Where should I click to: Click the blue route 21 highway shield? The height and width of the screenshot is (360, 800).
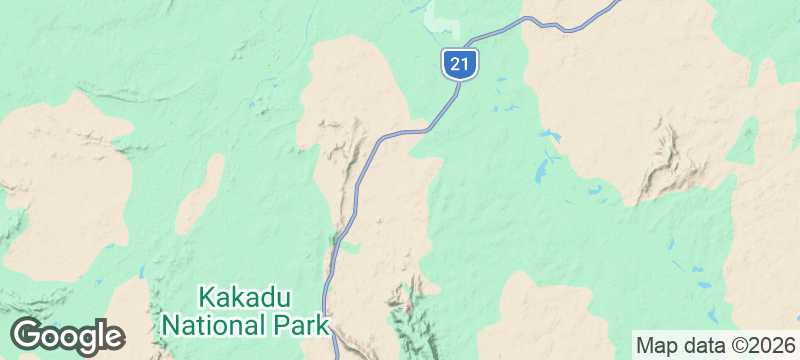pyautogui.click(x=459, y=64)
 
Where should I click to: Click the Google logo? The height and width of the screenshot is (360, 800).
pyautogui.click(x=67, y=336)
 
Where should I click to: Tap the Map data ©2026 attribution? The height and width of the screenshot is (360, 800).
pyautogui.click(x=715, y=346)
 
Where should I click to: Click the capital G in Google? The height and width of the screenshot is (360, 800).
pyautogui.click(x=28, y=335)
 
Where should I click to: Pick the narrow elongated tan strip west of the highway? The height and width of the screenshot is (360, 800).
pyautogui.click(x=200, y=192)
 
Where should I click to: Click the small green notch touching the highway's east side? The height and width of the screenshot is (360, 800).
pyautogui.click(x=350, y=246)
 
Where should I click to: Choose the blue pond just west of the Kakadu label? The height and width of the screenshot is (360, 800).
pyautogui.click(x=141, y=273)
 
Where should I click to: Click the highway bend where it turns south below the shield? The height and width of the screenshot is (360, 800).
pyautogui.click(x=435, y=124)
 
